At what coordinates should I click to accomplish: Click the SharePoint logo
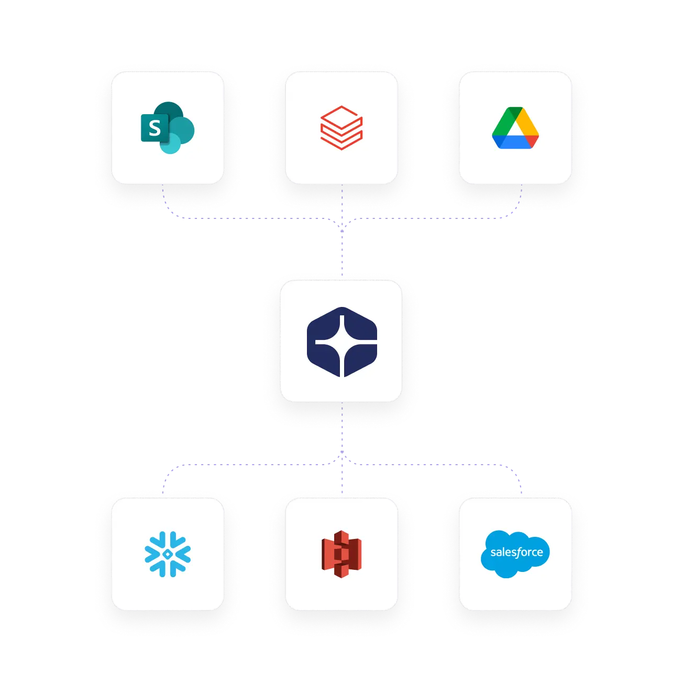point(168,128)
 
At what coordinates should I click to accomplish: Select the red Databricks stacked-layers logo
point(341,128)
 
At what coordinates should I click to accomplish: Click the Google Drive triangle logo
point(515,128)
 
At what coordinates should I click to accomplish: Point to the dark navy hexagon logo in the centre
point(341,341)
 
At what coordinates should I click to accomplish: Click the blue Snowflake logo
point(168,554)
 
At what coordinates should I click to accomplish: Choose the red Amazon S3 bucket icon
point(341,554)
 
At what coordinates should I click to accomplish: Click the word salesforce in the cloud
point(516,552)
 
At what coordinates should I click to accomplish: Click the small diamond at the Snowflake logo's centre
point(168,554)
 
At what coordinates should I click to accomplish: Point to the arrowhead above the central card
point(341,227)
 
